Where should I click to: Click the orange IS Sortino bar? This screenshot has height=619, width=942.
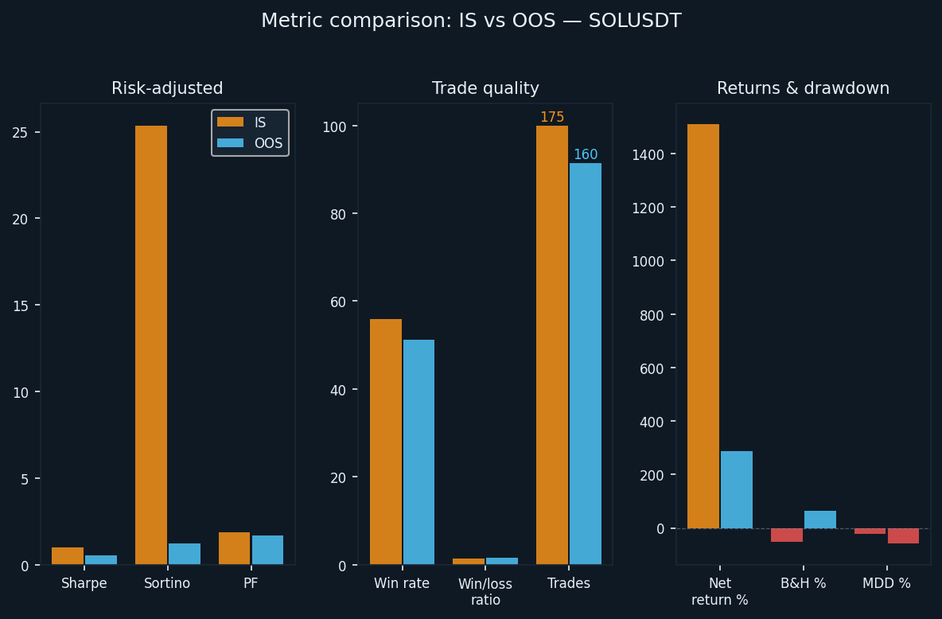point(151,345)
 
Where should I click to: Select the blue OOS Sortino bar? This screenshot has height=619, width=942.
point(185,554)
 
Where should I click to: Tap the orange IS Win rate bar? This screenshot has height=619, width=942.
point(386,442)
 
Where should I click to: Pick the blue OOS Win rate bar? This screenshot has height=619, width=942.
point(419,452)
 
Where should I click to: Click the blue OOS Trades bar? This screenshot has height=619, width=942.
point(586,364)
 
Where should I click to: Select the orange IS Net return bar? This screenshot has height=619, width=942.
point(703,326)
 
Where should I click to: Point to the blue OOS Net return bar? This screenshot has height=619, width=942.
point(737,489)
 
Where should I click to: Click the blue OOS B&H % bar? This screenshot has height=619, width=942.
point(820,520)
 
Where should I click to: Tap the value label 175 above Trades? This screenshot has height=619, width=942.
point(552,118)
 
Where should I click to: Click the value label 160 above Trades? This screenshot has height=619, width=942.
point(586,154)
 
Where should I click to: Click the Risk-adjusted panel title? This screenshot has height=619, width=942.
point(167,89)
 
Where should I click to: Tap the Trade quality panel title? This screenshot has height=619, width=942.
point(485,89)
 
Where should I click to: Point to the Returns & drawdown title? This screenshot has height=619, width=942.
point(803,89)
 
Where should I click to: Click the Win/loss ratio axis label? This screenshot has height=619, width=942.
point(485,592)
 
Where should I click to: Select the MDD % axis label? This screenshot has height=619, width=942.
point(886,583)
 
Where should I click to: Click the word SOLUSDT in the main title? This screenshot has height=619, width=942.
point(635,21)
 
